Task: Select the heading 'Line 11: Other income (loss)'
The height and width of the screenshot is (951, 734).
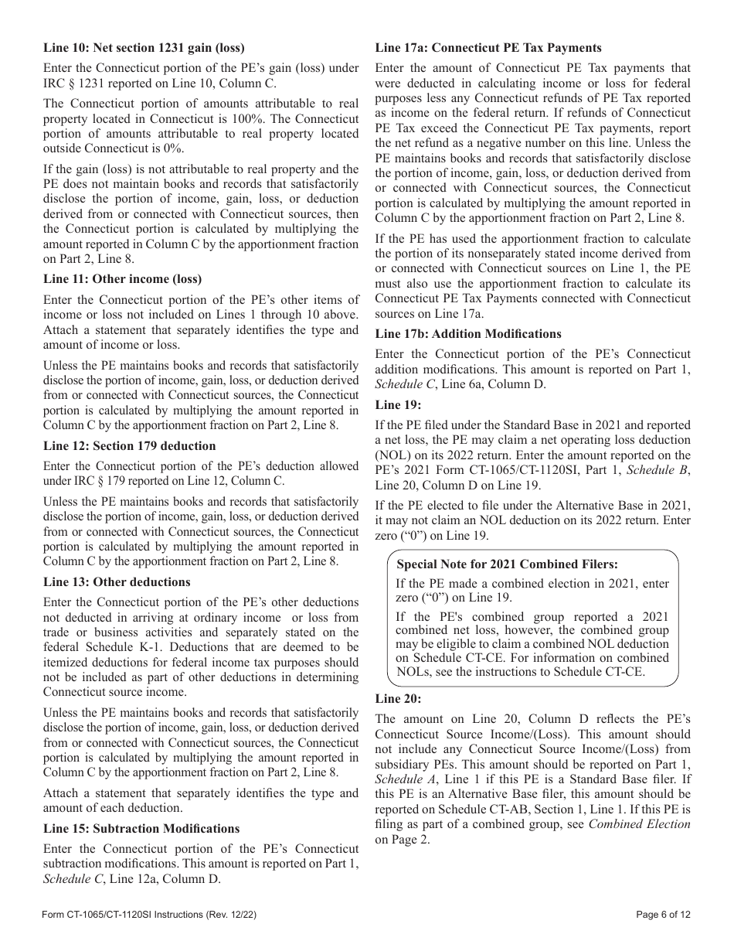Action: [x=117, y=279]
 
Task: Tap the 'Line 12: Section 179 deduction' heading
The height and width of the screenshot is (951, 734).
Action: [x=129, y=446]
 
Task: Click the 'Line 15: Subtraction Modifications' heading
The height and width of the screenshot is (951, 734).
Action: [x=141, y=828]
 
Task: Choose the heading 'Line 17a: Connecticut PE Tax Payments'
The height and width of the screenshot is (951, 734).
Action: [x=488, y=48]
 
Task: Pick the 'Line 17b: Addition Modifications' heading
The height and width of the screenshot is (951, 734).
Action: [x=468, y=334]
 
